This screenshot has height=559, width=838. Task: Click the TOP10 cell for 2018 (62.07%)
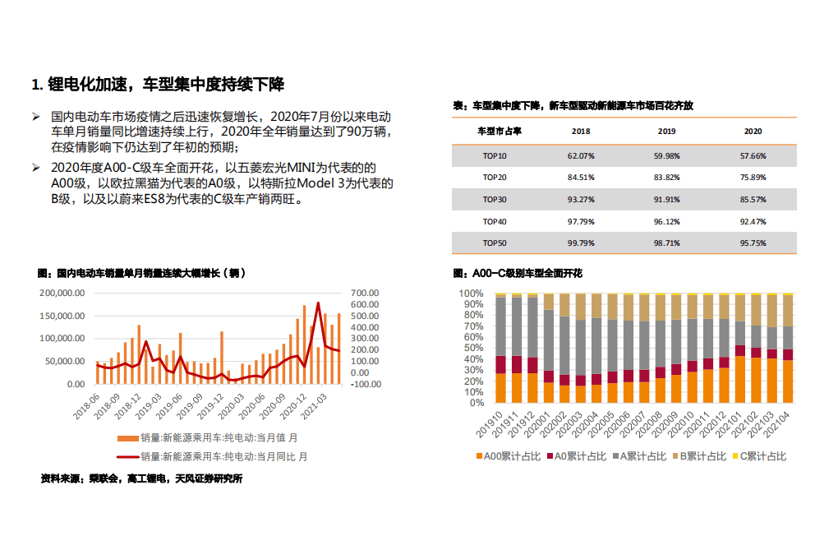(581, 155)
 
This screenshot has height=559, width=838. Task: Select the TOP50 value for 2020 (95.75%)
(753, 243)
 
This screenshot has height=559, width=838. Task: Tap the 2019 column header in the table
(666, 132)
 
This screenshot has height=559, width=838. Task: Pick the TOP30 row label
(495, 199)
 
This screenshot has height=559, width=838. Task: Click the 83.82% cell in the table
(666, 177)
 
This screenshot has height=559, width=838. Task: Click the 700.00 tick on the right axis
(363, 293)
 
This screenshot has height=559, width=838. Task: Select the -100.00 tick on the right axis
(363, 384)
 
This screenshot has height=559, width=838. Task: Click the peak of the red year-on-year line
(318, 303)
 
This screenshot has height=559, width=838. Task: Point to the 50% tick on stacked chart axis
(472, 348)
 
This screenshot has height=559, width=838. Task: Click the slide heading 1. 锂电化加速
(158, 84)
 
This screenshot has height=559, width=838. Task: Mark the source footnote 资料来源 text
(141, 478)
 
